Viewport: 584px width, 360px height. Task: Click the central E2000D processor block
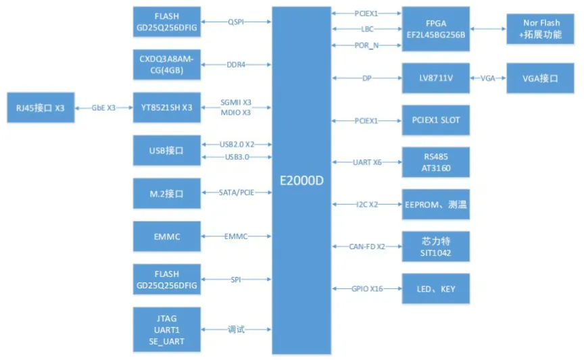301,180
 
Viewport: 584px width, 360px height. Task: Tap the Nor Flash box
541,28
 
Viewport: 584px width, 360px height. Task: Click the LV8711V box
435,79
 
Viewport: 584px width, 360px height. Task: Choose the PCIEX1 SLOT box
435,121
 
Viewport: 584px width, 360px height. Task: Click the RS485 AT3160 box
435,163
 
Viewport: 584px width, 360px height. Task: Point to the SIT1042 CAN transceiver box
435,247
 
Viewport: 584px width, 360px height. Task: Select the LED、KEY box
435,288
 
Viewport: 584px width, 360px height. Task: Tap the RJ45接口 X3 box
41,107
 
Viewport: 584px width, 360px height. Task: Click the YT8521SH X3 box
166,107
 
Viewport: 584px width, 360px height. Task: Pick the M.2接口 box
166,193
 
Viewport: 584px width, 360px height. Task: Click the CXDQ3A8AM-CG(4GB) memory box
166,65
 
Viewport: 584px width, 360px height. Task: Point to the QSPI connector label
237,22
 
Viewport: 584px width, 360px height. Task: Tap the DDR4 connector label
237,65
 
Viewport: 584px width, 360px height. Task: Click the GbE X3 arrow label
103,107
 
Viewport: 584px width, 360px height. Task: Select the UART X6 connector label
367,163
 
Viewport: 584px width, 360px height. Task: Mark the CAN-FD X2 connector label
367,247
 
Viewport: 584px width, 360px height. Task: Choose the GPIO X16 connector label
367,288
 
